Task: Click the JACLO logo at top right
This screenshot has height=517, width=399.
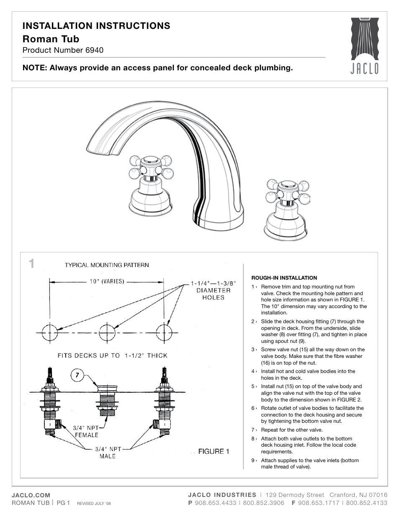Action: (364, 46)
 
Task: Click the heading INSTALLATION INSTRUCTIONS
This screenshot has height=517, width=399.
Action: (96, 26)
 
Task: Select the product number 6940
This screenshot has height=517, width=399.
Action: (95, 50)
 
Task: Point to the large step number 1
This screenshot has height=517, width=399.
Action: (32, 264)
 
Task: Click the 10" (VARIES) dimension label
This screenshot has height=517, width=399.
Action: (107, 281)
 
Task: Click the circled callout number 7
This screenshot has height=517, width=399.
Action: (77, 375)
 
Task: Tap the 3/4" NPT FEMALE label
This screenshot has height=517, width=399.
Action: (86, 431)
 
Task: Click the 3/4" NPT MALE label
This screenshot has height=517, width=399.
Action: (108, 452)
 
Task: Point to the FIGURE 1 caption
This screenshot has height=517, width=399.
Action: (213, 451)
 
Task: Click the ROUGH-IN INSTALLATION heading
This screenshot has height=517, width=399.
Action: (284, 278)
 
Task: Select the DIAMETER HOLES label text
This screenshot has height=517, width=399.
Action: (214, 293)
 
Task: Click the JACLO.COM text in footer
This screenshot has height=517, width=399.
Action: (31, 495)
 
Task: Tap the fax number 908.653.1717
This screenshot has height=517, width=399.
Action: (319, 502)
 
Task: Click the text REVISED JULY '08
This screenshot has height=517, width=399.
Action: (94, 503)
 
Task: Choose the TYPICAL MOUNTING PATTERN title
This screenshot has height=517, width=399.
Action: (107, 265)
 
